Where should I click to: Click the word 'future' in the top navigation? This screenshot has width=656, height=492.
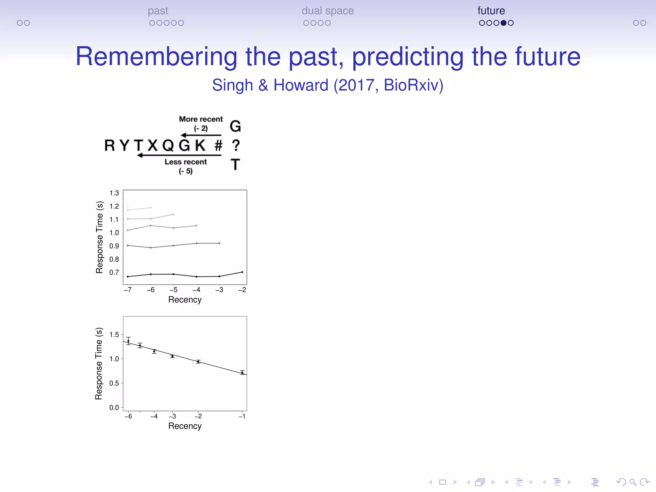click(491, 11)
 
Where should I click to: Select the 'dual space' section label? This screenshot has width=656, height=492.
click(327, 11)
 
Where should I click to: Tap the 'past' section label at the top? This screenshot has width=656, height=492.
click(158, 11)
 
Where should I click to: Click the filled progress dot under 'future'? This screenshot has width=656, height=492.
click(504, 23)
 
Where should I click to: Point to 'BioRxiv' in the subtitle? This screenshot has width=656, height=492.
click(413, 85)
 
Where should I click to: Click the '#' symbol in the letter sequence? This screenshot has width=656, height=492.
click(218, 146)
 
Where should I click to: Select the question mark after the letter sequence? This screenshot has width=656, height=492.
click(236, 146)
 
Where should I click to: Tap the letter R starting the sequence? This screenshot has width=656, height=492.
click(110, 146)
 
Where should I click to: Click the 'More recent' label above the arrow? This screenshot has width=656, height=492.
click(201, 119)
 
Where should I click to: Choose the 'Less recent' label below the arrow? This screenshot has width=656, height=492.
click(186, 162)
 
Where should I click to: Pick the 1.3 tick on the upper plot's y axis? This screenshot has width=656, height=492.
click(114, 193)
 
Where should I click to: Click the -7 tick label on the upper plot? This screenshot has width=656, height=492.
click(127, 290)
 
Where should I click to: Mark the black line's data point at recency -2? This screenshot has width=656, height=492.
click(242, 272)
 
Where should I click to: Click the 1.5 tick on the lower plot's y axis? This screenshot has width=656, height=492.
click(114, 335)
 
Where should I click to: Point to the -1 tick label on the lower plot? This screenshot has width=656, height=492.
click(242, 416)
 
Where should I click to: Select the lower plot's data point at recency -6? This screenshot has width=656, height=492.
click(128, 341)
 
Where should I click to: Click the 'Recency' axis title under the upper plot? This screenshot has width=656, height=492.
click(185, 300)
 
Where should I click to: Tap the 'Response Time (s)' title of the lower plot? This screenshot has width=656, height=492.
click(99, 364)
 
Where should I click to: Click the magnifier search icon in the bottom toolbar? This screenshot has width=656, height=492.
click(633, 482)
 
